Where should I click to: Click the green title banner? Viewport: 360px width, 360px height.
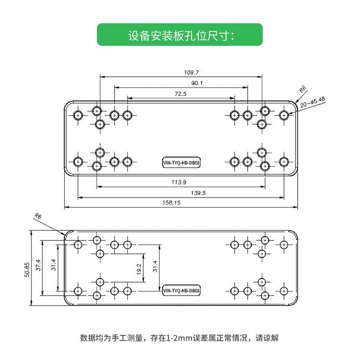(180, 34)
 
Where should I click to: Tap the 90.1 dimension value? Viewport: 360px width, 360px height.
(181, 83)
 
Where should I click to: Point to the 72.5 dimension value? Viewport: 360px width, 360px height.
(180, 94)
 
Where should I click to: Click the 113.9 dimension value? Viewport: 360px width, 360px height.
(179, 182)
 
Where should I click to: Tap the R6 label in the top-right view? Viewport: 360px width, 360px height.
(303, 89)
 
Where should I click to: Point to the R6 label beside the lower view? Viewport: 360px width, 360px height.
(37, 216)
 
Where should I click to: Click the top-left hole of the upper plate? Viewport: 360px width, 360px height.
(78, 115)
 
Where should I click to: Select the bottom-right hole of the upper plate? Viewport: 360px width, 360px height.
(284, 162)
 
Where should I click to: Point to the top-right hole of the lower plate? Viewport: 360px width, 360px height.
(284, 245)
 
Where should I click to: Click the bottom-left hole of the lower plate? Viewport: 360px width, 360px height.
(78, 291)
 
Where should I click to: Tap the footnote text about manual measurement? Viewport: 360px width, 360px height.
(180, 338)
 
